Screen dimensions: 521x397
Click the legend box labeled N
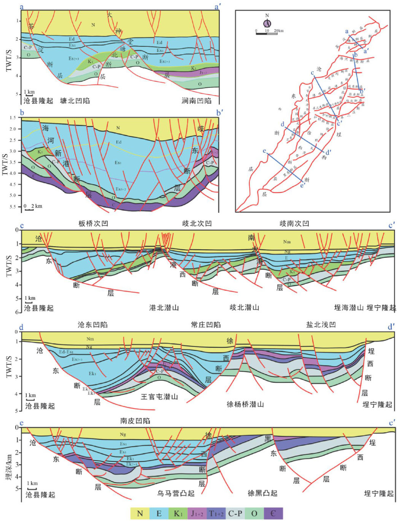(140, 513)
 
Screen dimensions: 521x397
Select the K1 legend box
(178, 513)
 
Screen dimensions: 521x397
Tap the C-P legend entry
(235, 513)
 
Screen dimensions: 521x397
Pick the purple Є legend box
(273, 513)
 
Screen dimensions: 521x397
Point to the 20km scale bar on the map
(267, 33)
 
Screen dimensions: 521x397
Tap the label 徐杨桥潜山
(245, 404)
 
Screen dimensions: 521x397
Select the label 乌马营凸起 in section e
(176, 494)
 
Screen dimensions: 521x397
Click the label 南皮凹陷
(135, 421)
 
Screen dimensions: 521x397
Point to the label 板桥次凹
(93, 223)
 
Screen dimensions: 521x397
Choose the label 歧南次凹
(294, 223)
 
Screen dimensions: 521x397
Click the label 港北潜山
(164, 307)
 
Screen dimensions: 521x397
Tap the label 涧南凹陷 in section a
(197, 101)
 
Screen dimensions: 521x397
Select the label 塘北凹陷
(75, 101)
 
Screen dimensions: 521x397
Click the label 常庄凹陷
(206, 325)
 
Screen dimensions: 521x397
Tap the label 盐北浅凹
(321, 325)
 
